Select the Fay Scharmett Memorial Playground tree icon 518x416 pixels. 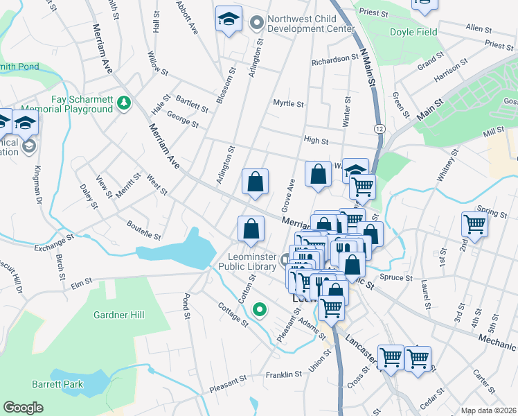click(124, 103)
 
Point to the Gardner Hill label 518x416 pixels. click(119, 315)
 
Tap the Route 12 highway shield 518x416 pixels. click(379, 129)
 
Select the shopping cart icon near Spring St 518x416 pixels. click(474, 224)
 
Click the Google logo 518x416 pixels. click(24, 407)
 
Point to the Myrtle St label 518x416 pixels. click(288, 104)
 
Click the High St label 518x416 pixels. click(316, 141)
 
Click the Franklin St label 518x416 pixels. click(284, 375)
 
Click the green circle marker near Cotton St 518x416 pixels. click(260, 309)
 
